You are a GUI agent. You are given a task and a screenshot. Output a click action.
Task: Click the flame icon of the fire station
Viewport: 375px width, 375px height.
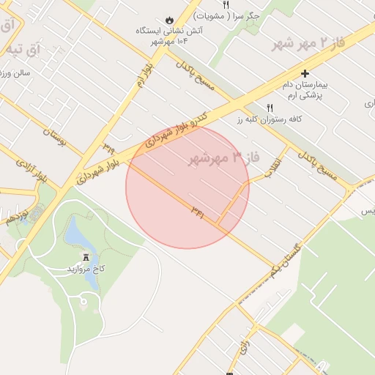tap(170, 20)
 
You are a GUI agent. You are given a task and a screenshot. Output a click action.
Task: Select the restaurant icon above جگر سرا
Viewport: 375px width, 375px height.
tap(226, 4)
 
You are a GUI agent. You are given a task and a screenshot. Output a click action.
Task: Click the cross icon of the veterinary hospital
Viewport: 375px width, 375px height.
tap(305, 73)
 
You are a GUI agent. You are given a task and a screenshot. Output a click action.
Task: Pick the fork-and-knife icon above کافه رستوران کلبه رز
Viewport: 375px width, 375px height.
tap(270, 108)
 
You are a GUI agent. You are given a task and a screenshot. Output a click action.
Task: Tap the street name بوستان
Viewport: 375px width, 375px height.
tap(54, 136)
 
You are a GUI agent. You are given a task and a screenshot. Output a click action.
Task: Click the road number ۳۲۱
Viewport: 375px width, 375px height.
tap(197, 210)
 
